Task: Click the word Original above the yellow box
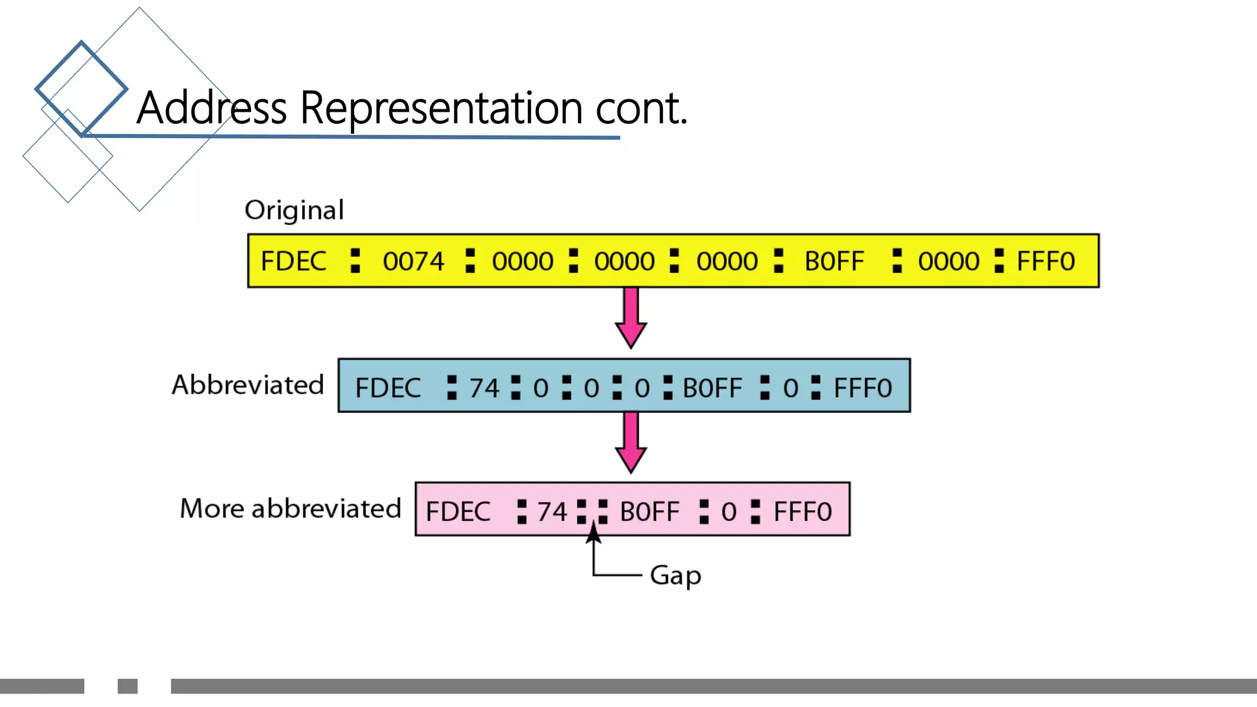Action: point(294,211)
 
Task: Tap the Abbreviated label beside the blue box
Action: point(247,385)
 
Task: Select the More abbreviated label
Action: point(290,509)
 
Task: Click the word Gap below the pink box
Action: point(675,576)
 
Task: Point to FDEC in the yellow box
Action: point(293,261)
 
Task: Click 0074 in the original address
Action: point(413,261)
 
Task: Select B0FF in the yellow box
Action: point(834,261)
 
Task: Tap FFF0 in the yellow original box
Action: point(1045,261)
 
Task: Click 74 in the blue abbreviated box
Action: point(484,388)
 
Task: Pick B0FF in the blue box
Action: point(712,388)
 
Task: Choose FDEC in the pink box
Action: point(458,511)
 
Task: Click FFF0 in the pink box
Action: point(802,511)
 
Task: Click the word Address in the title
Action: point(212,108)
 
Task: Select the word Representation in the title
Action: point(441,108)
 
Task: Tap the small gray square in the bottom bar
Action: point(128,686)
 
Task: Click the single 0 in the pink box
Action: point(729,511)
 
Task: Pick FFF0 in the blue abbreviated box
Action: point(862,388)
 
